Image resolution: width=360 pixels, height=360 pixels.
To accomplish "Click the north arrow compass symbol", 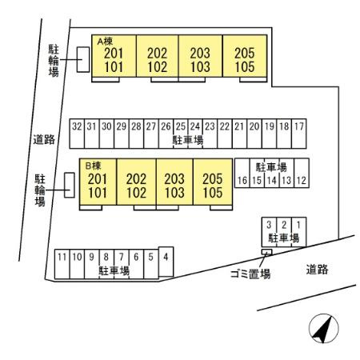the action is pos(323,329).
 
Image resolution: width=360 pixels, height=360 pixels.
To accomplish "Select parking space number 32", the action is pos(77,134).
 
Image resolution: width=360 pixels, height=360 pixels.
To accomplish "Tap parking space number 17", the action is pos(299,134).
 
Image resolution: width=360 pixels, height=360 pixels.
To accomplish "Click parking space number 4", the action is pos(166,262).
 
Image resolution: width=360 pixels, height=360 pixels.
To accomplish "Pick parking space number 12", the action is pos(302,173).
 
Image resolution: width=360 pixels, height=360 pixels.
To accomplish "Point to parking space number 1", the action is pos(299,232).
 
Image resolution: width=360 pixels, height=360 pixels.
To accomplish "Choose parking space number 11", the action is pos(62,264).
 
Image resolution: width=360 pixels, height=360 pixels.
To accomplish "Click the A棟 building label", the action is pos(105,41).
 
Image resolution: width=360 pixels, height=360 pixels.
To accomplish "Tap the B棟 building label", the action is pos(93,166).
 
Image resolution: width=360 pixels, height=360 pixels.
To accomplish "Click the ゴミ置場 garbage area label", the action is pos(250,274).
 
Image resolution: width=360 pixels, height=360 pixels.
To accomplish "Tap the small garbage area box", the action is pos(266,252).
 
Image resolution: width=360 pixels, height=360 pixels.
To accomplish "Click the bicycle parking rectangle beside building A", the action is pos(83,59).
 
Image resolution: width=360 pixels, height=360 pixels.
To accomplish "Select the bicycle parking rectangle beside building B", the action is pos(70,185).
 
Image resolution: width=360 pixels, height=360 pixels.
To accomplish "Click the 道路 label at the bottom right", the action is pos(317,270).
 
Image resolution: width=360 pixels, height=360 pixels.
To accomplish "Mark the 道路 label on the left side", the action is pos(44,139).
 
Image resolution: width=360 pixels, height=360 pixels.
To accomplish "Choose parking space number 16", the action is pos(242,173).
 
